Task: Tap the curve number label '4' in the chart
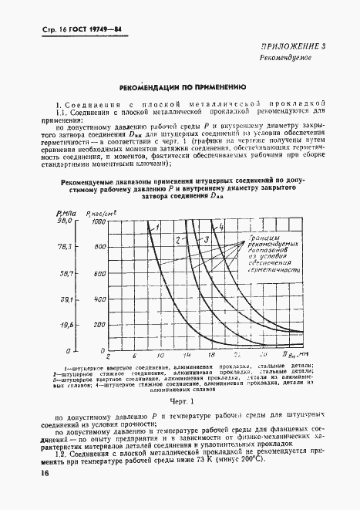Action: [x=220, y=227]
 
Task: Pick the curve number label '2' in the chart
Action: [x=177, y=241]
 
